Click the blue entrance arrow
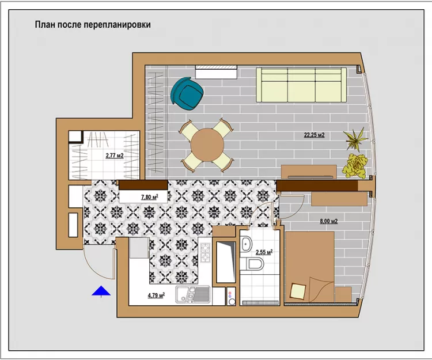101,291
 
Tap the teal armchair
187,93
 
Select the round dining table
207,145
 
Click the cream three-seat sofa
301,85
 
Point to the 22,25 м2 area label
314,135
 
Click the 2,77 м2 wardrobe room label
115,156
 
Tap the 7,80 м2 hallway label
150,197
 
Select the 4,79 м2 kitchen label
156,295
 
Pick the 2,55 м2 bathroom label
264,252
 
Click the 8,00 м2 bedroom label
329,221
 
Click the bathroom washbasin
246,244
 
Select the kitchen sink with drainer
193,295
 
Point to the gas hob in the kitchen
205,253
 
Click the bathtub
226,262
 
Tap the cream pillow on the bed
298,291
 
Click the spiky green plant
355,139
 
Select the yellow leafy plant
355,165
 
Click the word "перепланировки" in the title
117,25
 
